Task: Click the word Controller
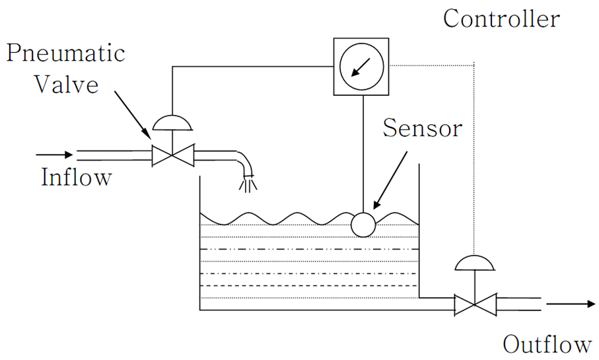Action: coord(501,18)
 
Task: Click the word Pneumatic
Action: coord(65,53)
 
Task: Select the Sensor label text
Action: coord(423,128)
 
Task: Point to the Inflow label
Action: coord(76,178)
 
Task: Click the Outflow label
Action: coord(547,344)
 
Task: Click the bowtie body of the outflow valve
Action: coord(474,305)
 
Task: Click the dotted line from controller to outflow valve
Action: coord(474,159)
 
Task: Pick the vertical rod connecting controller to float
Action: coord(363,152)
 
